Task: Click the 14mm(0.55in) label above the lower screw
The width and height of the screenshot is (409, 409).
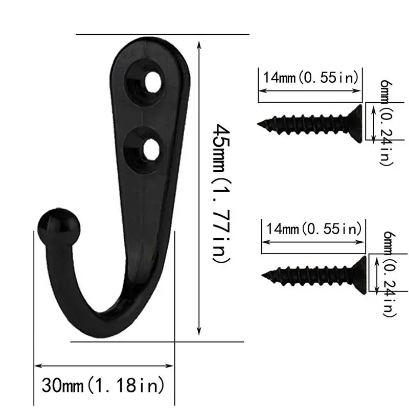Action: tap(313, 228)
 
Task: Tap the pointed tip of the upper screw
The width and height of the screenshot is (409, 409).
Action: tap(260, 123)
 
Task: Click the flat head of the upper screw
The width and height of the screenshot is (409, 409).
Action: tap(359, 122)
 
